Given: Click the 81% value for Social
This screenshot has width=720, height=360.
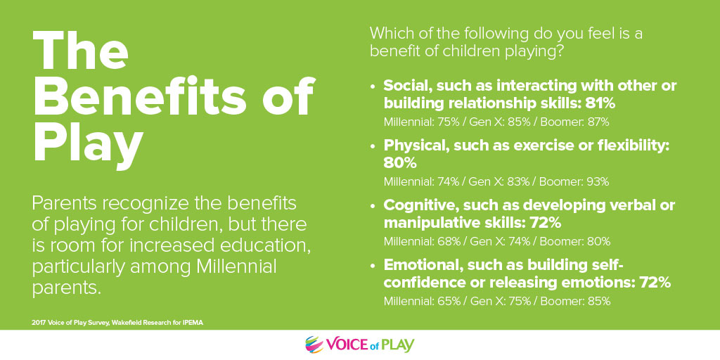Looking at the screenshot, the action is (x=600, y=104).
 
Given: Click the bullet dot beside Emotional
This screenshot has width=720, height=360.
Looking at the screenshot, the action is (x=373, y=266).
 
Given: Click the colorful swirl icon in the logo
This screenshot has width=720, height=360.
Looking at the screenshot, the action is (x=314, y=345).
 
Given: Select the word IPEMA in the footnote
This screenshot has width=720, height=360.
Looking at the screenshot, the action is (x=193, y=323).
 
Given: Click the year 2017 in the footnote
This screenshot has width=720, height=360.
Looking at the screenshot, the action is (x=38, y=323).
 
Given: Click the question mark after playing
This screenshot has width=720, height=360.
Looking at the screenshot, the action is (x=559, y=51).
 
